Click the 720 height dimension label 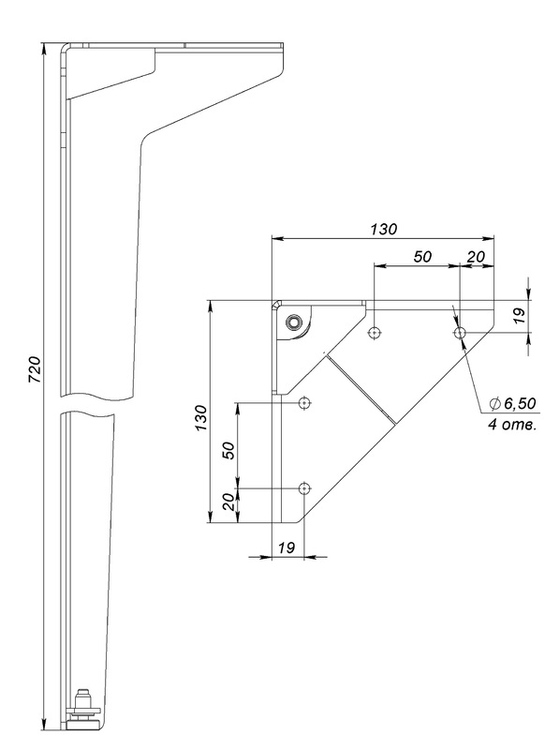coord(35,369)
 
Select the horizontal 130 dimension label coord(384,229)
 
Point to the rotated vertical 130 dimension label coord(201,418)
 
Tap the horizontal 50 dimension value coord(422,257)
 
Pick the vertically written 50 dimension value coord(229,451)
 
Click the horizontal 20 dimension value coord(476,257)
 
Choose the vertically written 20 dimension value coord(229,502)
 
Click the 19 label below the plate coord(287,547)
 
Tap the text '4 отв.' coord(512,425)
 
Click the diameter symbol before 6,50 coord(494,404)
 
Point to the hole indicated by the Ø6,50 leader coord(461,333)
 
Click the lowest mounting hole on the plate coord(304,488)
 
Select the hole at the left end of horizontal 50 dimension coord(375,333)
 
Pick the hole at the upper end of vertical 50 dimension coord(304,403)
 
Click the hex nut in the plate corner coord(292,322)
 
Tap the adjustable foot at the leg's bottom coord(85,713)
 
